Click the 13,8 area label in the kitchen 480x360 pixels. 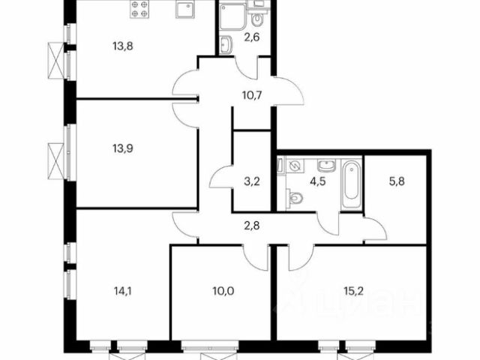[123, 46]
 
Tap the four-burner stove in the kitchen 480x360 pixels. [139, 9]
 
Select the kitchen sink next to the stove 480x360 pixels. [185, 9]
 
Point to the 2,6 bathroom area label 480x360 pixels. [252, 37]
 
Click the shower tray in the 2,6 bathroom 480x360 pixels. [232, 16]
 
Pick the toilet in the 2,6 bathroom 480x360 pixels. [257, 19]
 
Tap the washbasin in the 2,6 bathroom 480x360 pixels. [226, 45]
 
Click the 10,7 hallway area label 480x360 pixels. [252, 95]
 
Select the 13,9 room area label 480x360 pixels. [123, 148]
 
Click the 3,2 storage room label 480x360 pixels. [252, 181]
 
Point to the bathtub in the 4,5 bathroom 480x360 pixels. [352, 184]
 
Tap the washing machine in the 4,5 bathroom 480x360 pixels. [295, 166]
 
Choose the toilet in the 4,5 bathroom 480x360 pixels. [295, 197]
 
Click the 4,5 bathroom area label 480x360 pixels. [318, 181]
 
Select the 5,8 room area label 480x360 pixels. [397, 181]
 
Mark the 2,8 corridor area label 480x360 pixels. [252, 226]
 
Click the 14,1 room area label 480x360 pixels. [123, 291]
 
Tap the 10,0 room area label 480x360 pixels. [223, 291]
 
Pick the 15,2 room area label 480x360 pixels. [353, 291]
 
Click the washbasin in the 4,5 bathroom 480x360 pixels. [327, 166]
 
